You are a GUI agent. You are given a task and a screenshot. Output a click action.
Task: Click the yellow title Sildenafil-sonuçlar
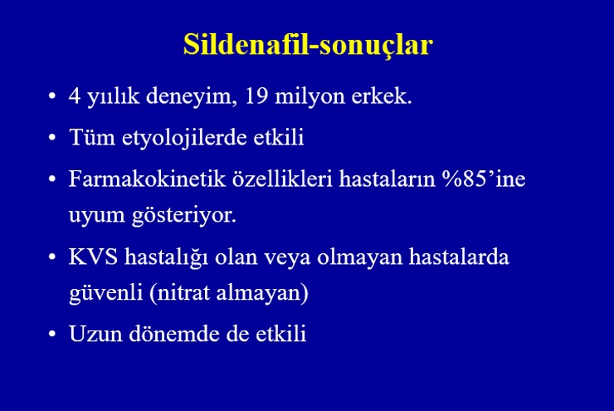(x=308, y=45)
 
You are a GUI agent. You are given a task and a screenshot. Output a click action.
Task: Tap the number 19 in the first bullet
(x=256, y=95)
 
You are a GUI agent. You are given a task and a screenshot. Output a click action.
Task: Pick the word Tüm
(x=92, y=137)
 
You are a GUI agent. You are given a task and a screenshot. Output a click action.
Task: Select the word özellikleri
(x=282, y=179)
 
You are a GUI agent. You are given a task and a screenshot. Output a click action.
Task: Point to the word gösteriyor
(x=184, y=216)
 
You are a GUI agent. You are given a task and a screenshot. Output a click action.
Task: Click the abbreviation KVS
(x=93, y=257)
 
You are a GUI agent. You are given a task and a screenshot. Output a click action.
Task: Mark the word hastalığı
(x=167, y=258)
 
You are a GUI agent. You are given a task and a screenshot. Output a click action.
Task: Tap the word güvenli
(x=105, y=293)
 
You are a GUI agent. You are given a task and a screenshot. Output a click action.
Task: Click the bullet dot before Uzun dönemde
(x=52, y=335)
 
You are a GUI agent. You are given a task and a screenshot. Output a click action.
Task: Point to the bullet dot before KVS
(x=52, y=257)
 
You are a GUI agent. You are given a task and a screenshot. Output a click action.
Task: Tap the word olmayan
(x=360, y=258)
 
